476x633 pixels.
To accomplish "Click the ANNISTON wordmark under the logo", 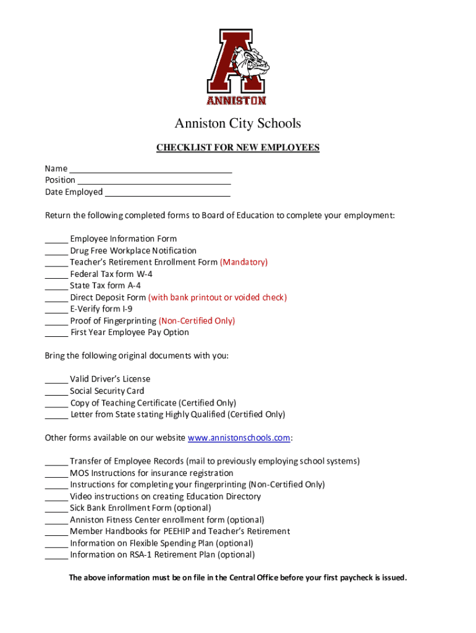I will point(236,100).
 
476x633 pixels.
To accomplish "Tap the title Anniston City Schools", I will point(237,124).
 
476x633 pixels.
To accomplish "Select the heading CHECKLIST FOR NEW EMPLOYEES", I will point(237,148).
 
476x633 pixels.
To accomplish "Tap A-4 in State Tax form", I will point(134,286).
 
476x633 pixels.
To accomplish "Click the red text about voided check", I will point(217,297).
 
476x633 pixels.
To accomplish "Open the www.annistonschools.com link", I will point(239,438).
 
